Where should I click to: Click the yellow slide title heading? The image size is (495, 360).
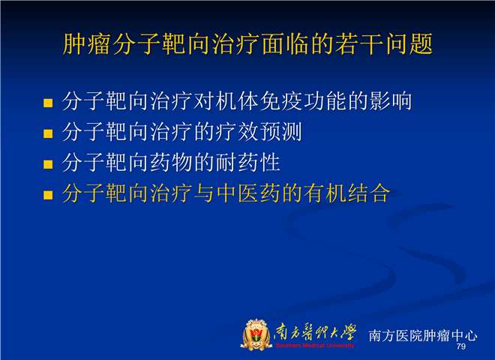coord(247,44)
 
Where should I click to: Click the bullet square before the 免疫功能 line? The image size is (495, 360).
coord(48,103)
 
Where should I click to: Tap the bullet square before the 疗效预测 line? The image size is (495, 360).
coord(48,133)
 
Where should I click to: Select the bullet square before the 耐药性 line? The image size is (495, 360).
coord(48,164)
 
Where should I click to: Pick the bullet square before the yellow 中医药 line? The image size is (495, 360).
coord(48,195)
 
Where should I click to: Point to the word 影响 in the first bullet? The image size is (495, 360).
coord(391,101)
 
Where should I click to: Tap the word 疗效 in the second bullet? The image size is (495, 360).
coord(237,132)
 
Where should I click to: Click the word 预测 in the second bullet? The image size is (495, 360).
coord(280,132)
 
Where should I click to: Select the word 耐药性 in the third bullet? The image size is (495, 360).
coord(248,162)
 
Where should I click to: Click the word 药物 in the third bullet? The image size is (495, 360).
coord(171,162)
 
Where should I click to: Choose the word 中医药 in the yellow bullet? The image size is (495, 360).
coord(248,193)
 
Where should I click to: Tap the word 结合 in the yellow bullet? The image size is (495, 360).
coord(369,193)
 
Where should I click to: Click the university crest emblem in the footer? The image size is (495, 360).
coord(256,334)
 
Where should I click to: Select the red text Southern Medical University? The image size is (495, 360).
coord(315,346)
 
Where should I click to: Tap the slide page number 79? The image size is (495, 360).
coord(461,346)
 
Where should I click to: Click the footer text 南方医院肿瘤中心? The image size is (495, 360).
coord(423,335)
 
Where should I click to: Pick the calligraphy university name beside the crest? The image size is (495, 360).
coord(315,332)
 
